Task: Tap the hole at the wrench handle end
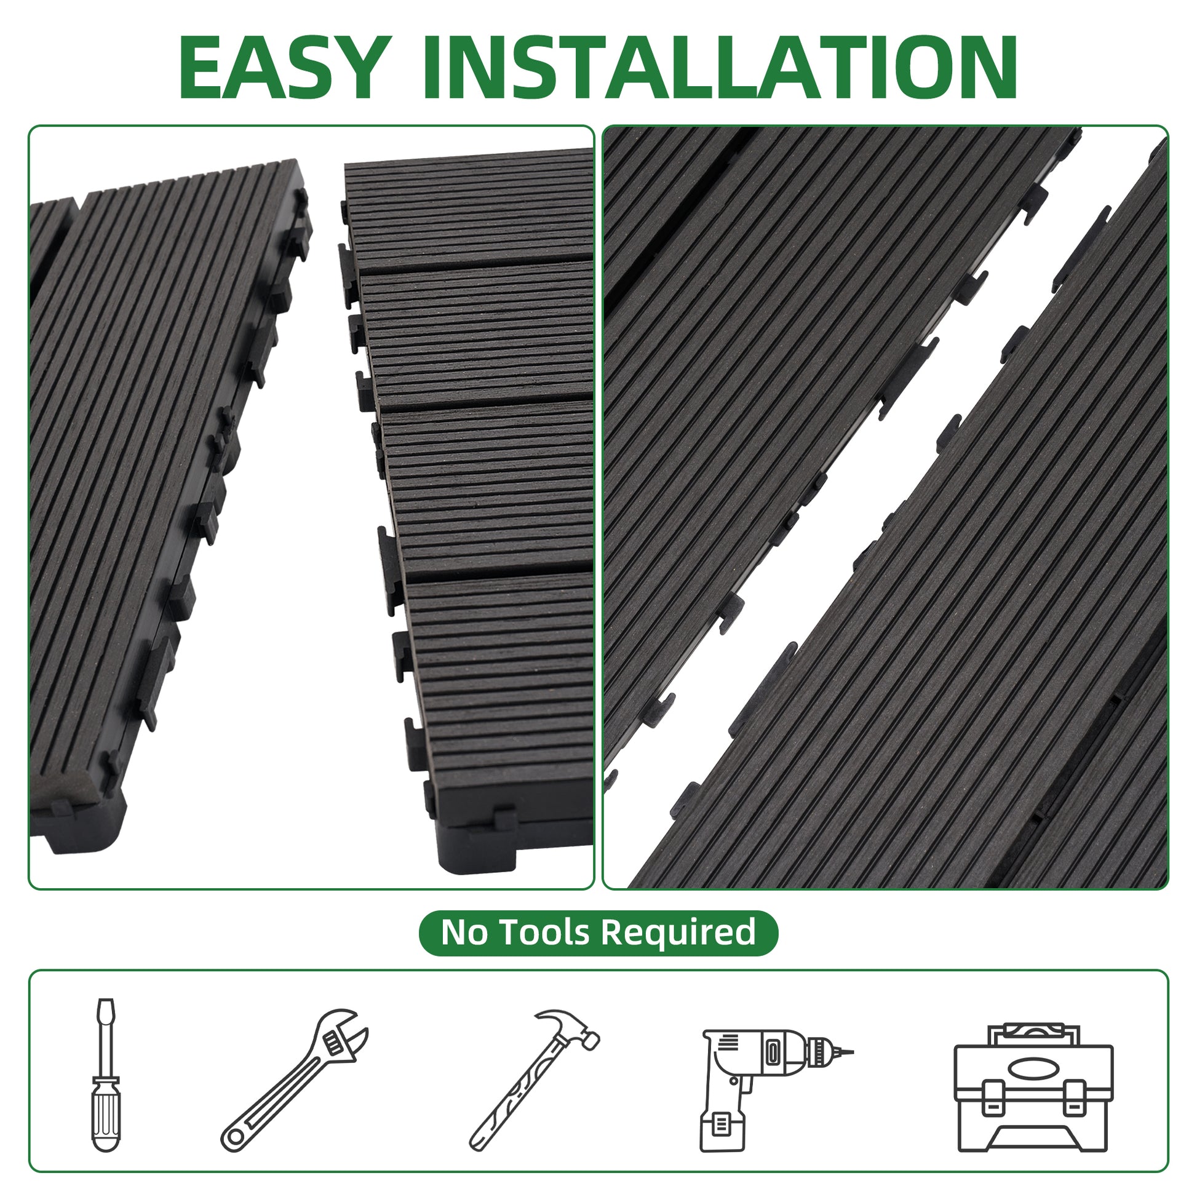pyautogui.click(x=236, y=1137)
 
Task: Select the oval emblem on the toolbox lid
pyautogui.click(x=1033, y=1067)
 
